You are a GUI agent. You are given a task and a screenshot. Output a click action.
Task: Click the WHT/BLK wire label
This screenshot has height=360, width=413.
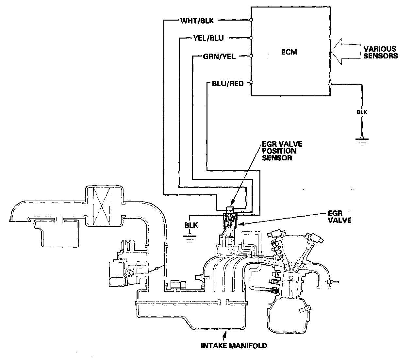point(197,21)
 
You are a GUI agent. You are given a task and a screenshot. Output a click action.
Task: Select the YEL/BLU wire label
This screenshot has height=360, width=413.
point(208,39)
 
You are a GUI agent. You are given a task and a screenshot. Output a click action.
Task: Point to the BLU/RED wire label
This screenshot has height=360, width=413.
point(228,84)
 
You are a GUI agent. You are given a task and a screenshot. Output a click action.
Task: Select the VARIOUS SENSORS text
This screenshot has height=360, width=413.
point(380,52)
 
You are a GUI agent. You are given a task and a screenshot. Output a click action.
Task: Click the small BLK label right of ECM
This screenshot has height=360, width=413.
point(362,112)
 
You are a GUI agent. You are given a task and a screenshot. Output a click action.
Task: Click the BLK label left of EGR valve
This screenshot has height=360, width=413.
point(191,225)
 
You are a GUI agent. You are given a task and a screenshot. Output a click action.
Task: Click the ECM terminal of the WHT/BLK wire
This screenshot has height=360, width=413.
point(251,20)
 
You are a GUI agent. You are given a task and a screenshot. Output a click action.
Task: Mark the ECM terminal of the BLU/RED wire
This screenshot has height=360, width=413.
point(251,82)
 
